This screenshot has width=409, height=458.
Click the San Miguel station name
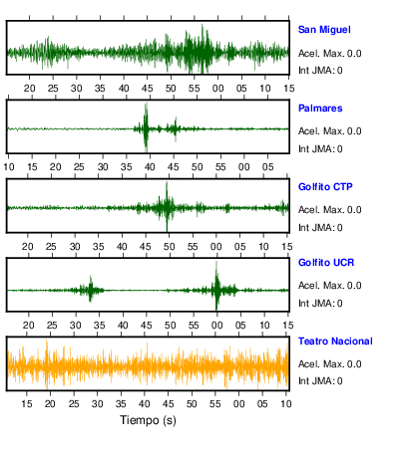324,30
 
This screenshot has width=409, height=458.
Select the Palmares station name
320,109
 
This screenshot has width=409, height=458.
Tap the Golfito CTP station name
325,187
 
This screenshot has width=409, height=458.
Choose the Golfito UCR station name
326,263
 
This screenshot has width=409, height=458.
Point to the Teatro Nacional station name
335,342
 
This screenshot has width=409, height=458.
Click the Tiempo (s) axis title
148,420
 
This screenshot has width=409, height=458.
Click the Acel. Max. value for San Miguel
354,53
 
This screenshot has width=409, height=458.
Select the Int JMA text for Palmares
320,149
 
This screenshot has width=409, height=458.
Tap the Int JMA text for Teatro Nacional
320,380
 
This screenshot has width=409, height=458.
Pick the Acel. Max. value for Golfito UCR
354,286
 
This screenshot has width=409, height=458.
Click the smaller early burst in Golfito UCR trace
90,289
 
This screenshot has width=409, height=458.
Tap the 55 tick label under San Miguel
195,89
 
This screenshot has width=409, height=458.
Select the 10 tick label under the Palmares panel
9,167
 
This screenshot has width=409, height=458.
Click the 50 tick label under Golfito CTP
169,247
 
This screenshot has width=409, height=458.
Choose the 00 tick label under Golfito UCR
217,326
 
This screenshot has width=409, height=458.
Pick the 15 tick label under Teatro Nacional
27,404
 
